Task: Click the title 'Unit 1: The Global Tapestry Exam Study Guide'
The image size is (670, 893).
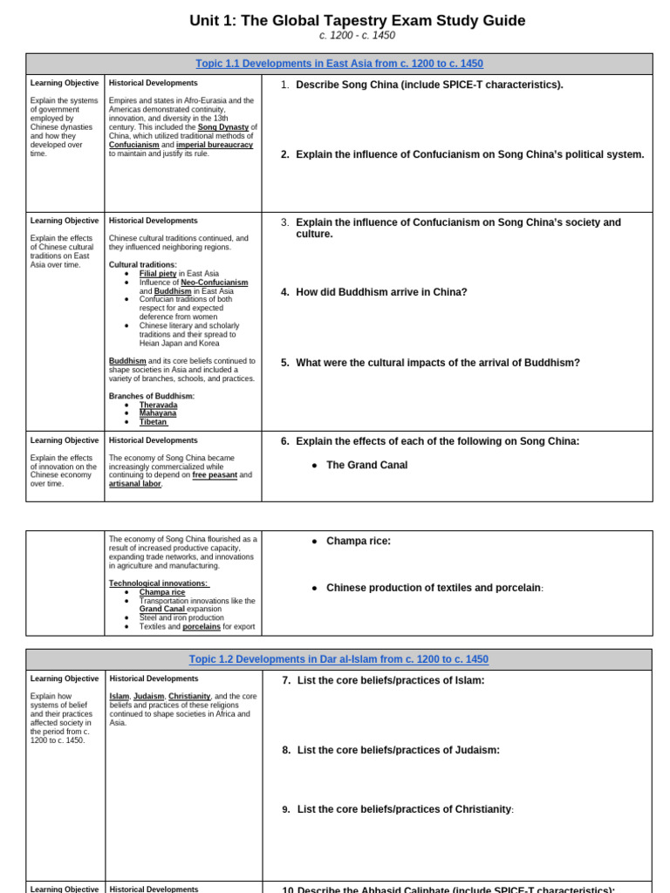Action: pyautogui.click(x=357, y=20)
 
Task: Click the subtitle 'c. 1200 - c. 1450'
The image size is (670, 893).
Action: pyautogui.click(x=357, y=36)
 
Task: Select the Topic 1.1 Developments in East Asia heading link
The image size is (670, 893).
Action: pyautogui.click(x=339, y=64)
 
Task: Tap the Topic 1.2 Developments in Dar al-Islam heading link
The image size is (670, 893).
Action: pyautogui.click(x=338, y=659)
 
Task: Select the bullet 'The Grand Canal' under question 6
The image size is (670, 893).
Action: pyautogui.click(x=366, y=465)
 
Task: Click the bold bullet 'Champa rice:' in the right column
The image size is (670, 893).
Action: pyautogui.click(x=359, y=541)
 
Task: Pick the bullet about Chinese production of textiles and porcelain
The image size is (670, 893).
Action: pyautogui.click(x=434, y=588)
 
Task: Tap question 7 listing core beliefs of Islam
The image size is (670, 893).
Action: pyautogui.click(x=390, y=680)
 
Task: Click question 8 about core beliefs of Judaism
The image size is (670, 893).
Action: pyautogui.click(x=398, y=750)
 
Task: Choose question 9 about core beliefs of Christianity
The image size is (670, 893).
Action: pyautogui.click(x=405, y=809)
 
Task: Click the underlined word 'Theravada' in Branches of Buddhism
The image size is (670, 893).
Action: pyautogui.click(x=158, y=405)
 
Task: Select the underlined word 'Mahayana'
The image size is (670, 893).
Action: pyautogui.click(x=158, y=413)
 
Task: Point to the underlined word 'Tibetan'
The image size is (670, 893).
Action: pyautogui.click(x=154, y=422)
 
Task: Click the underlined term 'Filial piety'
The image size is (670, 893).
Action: pyautogui.click(x=158, y=273)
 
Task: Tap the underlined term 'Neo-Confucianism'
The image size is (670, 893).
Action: pyautogui.click(x=214, y=283)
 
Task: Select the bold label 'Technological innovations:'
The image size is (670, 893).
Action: pyautogui.click(x=159, y=583)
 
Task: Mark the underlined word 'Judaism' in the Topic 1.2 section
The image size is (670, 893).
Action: pyautogui.click(x=149, y=696)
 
